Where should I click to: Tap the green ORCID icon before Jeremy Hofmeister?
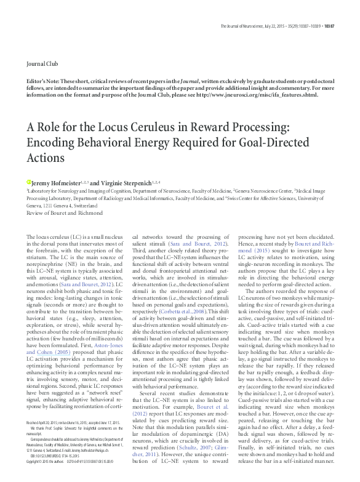click(x=28, y=182)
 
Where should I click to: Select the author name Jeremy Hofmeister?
click(x=52, y=182)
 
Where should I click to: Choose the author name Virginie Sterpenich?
click(x=121, y=182)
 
